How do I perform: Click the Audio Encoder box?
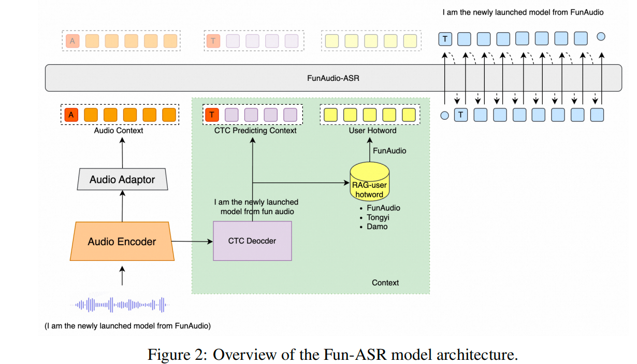[122, 241]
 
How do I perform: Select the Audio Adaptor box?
[122, 179]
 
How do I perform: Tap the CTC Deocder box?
[252, 241]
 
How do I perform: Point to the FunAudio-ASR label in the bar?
[333, 78]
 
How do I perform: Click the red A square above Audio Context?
[71, 115]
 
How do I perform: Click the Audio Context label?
[119, 131]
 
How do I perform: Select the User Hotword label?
[372, 131]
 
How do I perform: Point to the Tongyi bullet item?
[378, 217]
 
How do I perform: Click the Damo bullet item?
[377, 226]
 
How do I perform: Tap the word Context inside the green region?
[385, 283]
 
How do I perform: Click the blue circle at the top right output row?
[601, 37]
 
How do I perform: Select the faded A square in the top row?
[72, 40]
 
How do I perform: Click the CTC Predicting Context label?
[255, 131]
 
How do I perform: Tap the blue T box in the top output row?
[445, 38]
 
